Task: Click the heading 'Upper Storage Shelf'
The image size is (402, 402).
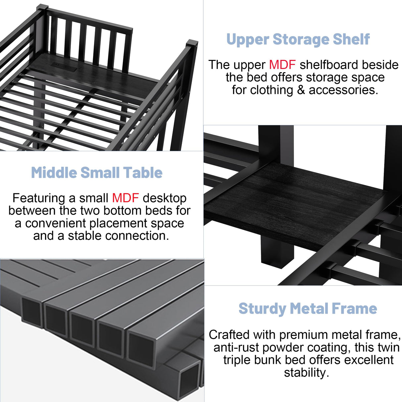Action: tap(298, 39)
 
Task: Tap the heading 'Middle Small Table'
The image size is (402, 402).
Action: tap(97, 173)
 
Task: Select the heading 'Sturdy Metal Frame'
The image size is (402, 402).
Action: tap(308, 309)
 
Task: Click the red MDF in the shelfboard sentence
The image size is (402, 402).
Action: tap(282, 65)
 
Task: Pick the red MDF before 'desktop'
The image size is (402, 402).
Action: tap(125, 198)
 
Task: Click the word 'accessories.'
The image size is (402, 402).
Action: tap(343, 90)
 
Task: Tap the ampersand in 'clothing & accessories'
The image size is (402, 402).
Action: tap(301, 90)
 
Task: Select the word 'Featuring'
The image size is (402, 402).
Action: tap(39, 198)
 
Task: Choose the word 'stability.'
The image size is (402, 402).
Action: tap(306, 373)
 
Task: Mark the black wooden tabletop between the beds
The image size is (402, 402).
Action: tap(295, 202)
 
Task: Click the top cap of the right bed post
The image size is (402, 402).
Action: tap(192, 43)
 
